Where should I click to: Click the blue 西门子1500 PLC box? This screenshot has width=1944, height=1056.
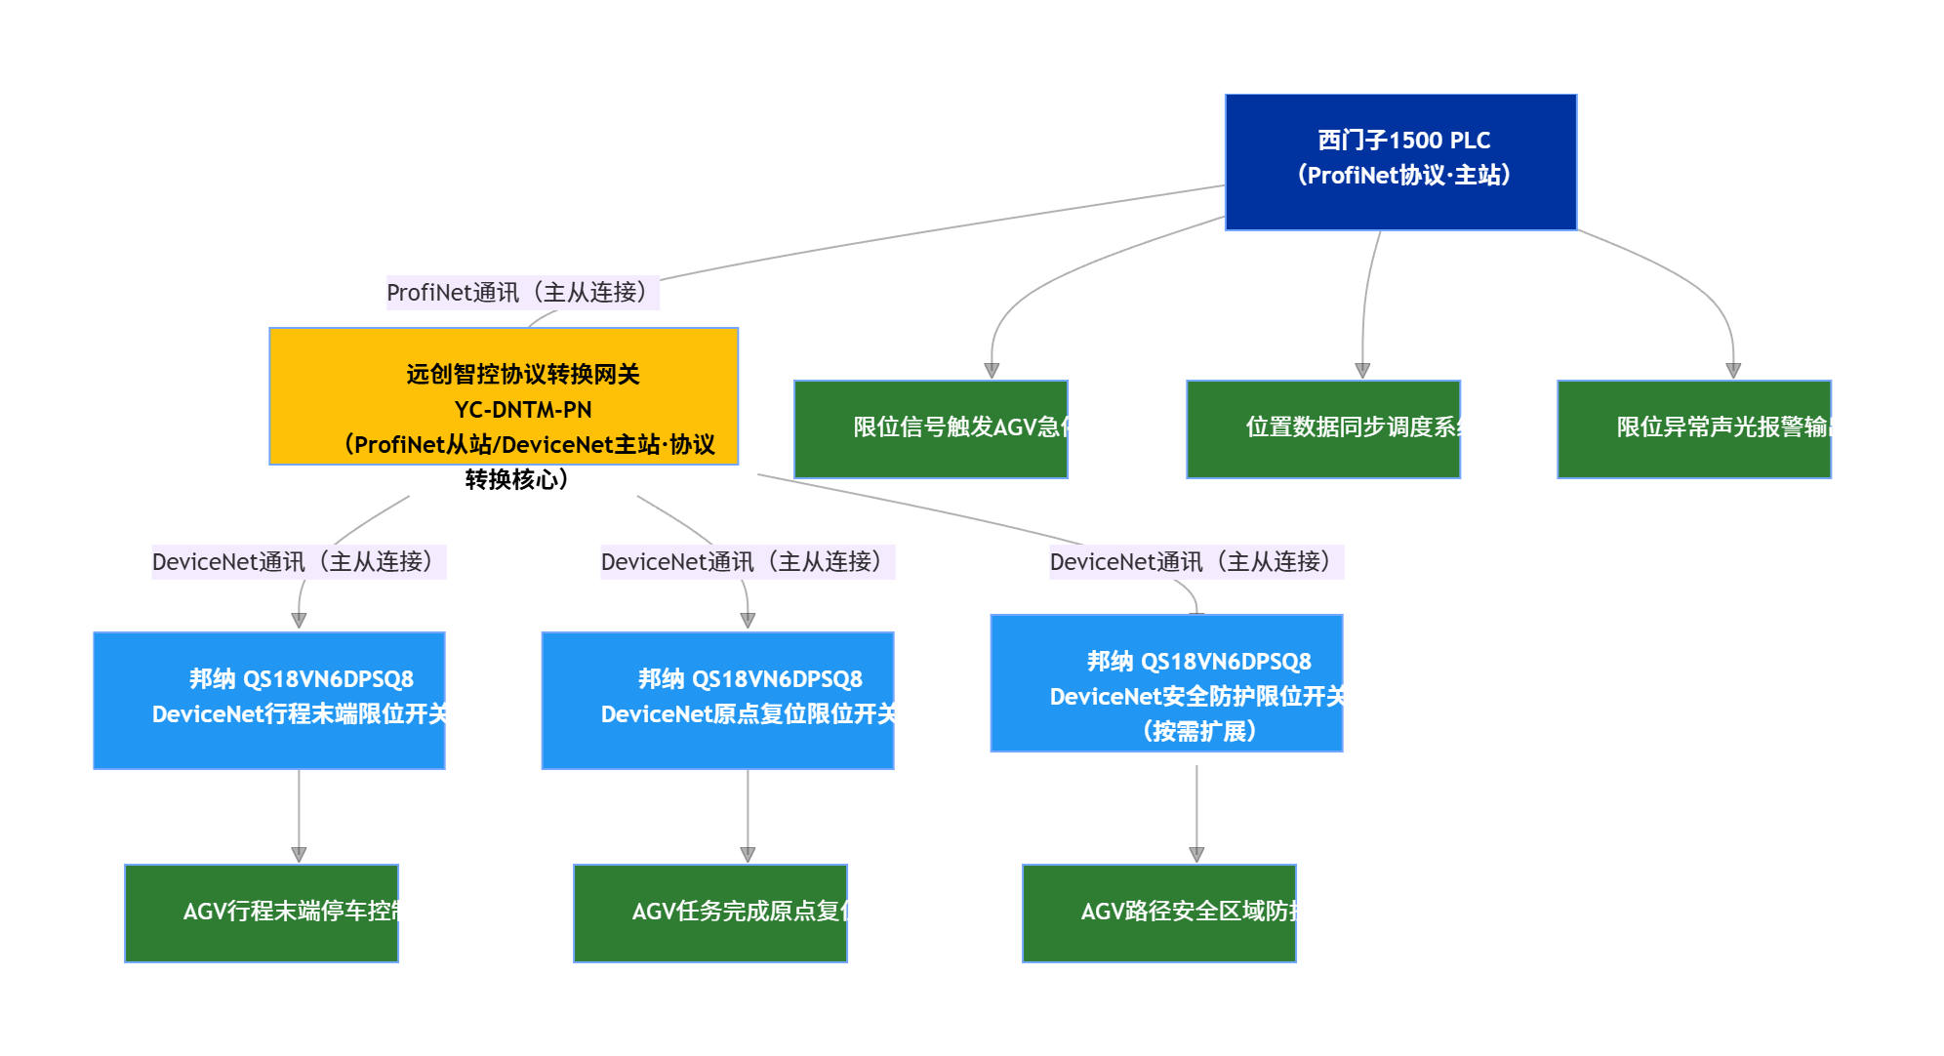(x=1400, y=162)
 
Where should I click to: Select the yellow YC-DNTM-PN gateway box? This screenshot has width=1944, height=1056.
(x=504, y=396)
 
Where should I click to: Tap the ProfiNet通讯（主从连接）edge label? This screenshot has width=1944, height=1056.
(x=522, y=293)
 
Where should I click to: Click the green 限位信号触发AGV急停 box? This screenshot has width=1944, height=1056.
(x=931, y=429)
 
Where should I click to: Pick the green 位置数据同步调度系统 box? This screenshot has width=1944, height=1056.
(x=1323, y=429)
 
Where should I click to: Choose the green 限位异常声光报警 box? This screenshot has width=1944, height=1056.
(x=1694, y=429)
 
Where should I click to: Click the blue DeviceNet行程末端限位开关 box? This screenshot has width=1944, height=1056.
(x=269, y=701)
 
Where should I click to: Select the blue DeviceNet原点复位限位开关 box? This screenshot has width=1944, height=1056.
(x=718, y=701)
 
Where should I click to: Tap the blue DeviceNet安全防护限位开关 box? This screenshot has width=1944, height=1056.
(x=1167, y=683)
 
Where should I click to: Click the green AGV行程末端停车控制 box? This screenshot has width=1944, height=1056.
(x=262, y=914)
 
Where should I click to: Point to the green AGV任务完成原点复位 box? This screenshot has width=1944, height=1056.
(x=710, y=914)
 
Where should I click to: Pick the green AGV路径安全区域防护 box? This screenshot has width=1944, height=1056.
(x=1159, y=914)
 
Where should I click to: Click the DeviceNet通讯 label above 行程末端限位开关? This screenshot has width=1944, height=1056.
(x=299, y=562)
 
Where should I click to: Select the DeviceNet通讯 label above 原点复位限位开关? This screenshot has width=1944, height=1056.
(x=748, y=562)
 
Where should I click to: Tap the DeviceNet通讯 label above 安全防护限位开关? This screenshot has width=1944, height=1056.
(x=1196, y=562)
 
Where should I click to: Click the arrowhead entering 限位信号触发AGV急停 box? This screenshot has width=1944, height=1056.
(x=992, y=371)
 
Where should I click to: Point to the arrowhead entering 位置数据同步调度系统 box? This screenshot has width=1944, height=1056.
(x=1362, y=371)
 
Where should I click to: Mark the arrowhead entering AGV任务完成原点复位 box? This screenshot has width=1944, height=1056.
(x=748, y=855)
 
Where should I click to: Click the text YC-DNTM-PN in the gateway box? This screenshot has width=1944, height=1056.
(x=523, y=410)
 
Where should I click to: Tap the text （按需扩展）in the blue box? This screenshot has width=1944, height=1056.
(x=1198, y=732)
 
